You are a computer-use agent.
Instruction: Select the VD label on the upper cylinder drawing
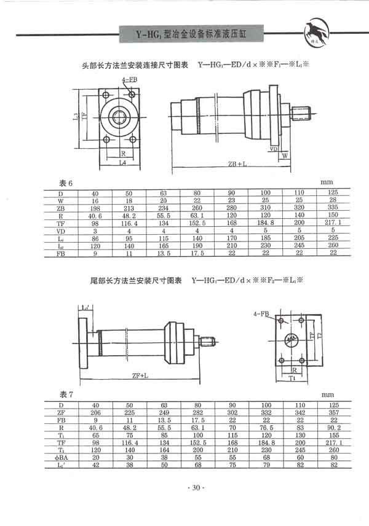tap(272, 148)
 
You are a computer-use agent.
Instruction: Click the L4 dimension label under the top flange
tap(122, 163)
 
